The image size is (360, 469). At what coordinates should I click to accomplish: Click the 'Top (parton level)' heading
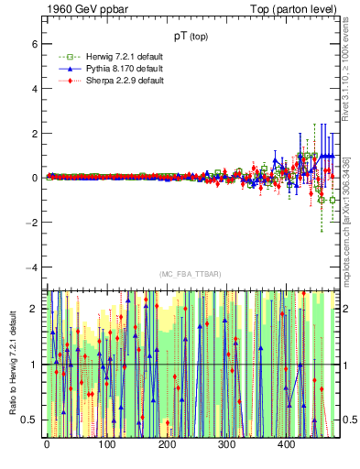[x=298, y=8]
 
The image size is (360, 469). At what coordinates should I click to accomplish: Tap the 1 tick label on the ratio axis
[x=36, y=365]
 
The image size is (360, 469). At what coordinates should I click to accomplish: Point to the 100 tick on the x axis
[x=106, y=445]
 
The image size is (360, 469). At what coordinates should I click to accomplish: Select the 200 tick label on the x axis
[x=167, y=445]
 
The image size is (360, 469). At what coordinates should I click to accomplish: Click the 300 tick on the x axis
[x=226, y=445]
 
